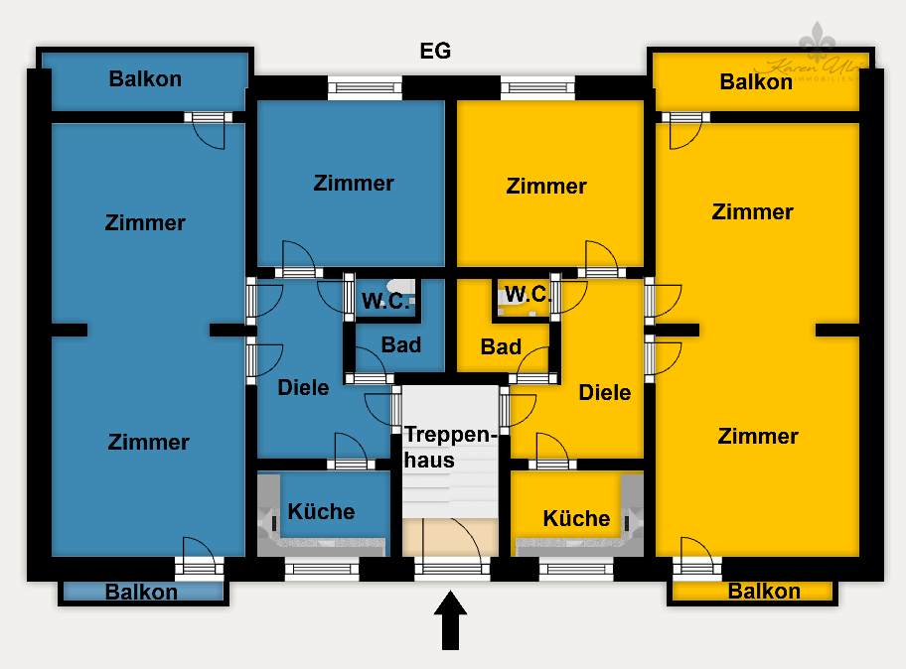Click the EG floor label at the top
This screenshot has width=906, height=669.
(435, 52)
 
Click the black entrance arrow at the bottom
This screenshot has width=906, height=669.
(451, 620)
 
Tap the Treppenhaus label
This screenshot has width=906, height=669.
(448, 448)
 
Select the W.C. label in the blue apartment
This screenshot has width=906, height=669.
(385, 303)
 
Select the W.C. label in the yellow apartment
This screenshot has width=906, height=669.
(528, 294)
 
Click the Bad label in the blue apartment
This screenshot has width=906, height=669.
(401, 345)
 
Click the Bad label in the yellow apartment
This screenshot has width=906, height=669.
(501, 347)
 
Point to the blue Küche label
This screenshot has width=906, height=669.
(321, 511)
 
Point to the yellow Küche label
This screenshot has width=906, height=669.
(576, 518)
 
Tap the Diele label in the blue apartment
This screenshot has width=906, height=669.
(303, 387)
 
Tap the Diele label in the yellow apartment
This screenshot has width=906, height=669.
(605, 392)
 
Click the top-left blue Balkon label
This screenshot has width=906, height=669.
(145, 79)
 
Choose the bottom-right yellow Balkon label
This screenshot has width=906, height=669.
(764, 592)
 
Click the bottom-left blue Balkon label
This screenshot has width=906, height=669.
(142, 593)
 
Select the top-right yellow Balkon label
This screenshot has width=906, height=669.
(756, 81)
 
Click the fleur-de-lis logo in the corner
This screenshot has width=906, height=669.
(820, 45)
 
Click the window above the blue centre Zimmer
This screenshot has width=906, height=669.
(365, 87)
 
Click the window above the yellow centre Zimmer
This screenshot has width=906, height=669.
(537, 87)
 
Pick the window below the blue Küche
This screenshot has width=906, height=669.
(322, 569)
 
